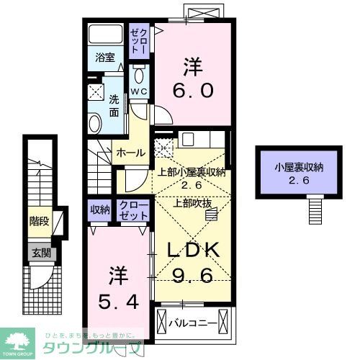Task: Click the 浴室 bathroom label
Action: (105, 59)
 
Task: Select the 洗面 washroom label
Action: (114, 106)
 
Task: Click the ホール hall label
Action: (130, 153)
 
